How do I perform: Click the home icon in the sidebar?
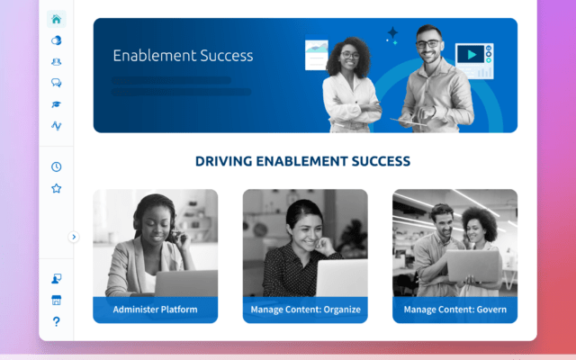pyautogui.click(x=57, y=20)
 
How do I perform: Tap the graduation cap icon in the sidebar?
pyautogui.click(x=57, y=104)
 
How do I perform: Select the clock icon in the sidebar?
pyautogui.click(x=57, y=167)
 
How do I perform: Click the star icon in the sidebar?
pyautogui.click(x=57, y=189)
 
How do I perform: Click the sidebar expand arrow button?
pyautogui.click(x=74, y=237)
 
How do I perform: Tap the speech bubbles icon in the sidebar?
pyautogui.click(x=57, y=83)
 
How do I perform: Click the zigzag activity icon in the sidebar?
pyautogui.click(x=57, y=126)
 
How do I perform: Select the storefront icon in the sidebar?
pyautogui.click(x=57, y=301)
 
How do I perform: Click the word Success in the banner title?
pyautogui.click(x=220, y=56)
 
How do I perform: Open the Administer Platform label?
pyautogui.click(x=155, y=310)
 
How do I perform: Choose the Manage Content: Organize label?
pyautogui.click(x=305, y=310)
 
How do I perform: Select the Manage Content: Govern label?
pyautogui.click(x=454, y=310)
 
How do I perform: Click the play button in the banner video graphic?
pyautogui.click(x=471, y=55)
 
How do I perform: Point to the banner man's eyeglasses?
pyautogui.click(x=427, y=43)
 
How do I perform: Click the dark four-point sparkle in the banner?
pyautogui.click(x=392, y=34)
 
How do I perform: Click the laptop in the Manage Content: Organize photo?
pyautogui.click(x=340, y=277)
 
